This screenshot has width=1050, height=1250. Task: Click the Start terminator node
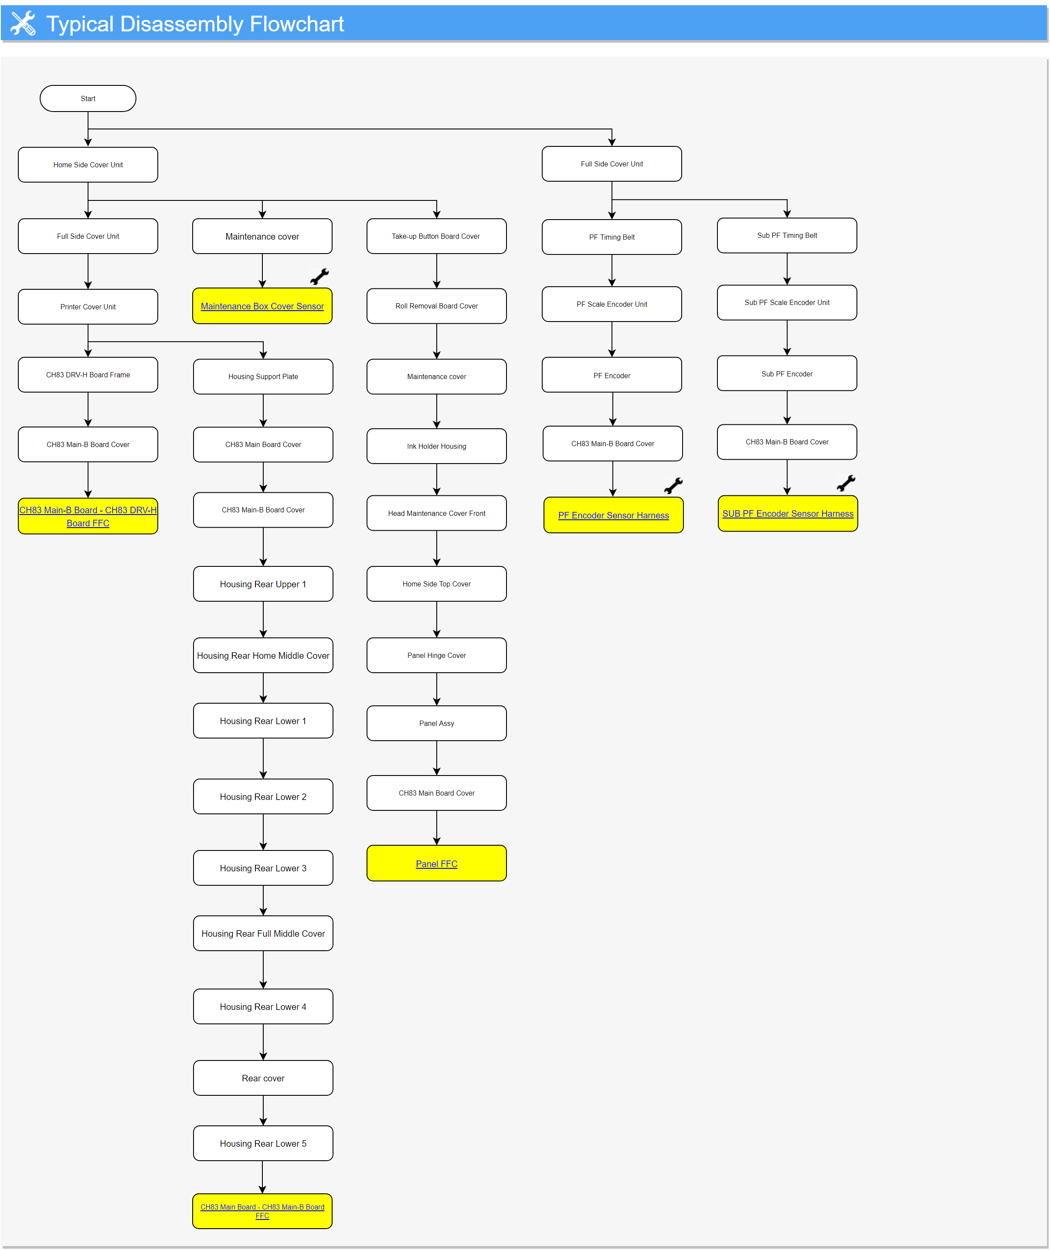[x=88, y=98]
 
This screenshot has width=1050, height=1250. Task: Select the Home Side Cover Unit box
[x=88, y=165]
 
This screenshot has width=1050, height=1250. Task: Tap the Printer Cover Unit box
[x=88, y=307]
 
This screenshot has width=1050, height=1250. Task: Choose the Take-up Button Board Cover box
[x=437, y=236]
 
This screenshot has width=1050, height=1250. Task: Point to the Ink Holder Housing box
[x=437, y=446]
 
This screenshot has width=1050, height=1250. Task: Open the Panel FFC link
[x=437, y=864]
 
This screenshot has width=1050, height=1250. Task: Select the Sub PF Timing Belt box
[x=787, y=236]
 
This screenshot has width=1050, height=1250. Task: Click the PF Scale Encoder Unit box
[x=612, y=304]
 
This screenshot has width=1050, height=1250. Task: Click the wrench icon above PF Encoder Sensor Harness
[x=673, y=486]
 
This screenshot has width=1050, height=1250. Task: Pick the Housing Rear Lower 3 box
[x=263, y=868]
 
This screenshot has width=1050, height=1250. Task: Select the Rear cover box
[x=263, y=1078]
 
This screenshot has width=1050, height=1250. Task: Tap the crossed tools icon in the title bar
[x=23, y=23]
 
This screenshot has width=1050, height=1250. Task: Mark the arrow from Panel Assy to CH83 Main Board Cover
[x=437, y=758]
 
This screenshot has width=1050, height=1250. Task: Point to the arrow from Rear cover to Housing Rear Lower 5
[x=263, y=1111]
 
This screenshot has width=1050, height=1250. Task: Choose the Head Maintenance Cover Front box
[x=437, y=513]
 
